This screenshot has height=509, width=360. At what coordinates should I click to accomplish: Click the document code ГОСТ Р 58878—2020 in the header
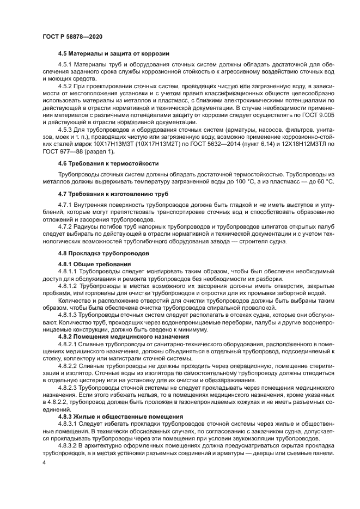click(x=72, y=36)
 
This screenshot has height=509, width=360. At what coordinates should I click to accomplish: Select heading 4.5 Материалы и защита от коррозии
click(x=113, y=54)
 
